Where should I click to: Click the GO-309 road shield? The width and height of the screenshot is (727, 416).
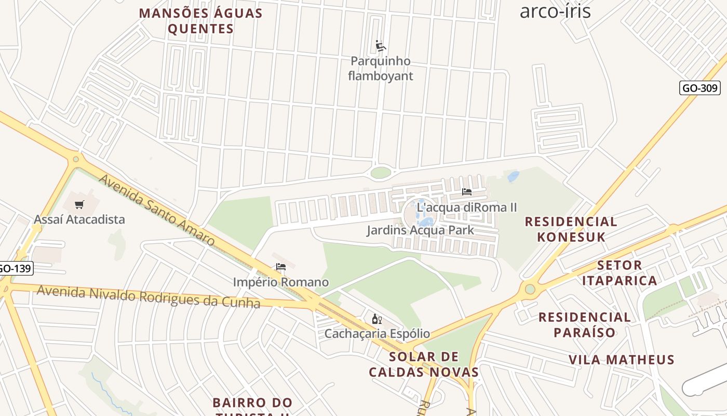coord(699,88)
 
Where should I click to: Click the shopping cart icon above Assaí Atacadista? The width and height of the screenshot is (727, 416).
coord(79,205)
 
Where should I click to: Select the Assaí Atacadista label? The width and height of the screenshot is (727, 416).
coord(79,219)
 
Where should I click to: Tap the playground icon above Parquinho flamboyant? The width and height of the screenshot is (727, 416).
coord(381,46)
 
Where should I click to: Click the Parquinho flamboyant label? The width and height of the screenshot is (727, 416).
coord(381,69)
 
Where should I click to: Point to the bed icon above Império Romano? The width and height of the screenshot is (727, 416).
coord(281,267)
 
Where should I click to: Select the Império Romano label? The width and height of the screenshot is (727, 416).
coord(281,282)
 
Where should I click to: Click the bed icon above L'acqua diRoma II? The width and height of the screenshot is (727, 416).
coord(467,192)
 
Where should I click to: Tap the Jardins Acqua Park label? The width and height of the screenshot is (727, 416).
coord(420,230)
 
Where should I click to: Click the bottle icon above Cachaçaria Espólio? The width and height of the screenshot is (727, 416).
coord(377,319)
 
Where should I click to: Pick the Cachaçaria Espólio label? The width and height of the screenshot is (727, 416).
coord(377,333)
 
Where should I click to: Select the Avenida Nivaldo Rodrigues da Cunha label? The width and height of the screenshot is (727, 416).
coord(148,297)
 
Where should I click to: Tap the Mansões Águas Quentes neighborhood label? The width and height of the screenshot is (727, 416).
coord(201,21)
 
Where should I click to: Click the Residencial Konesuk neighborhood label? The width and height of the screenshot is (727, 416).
coord(571,229)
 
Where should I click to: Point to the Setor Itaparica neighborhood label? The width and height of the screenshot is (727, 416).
coord(620,273)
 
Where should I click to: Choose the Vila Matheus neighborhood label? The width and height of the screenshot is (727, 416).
coord(622,360)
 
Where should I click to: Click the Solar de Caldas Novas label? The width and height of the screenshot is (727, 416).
coord(424,365)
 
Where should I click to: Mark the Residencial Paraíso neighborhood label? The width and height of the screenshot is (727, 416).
coord(585,324)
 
